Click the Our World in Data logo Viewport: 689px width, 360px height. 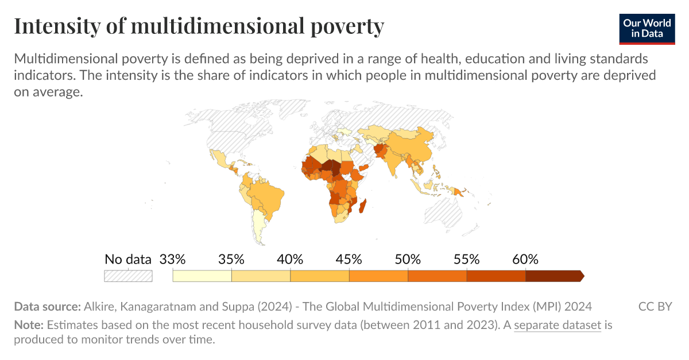[x=647, y=28]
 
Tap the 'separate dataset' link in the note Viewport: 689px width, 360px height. [x=557, y=326]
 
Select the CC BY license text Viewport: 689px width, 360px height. [x=655, y=306]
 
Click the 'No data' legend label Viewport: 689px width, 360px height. [x=127, y=259]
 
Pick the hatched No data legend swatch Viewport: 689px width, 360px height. [x=127, y=276]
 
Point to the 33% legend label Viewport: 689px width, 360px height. [x=172, y=259]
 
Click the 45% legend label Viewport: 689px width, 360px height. [x=349, y=259]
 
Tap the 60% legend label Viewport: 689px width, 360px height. [x=525, y=259]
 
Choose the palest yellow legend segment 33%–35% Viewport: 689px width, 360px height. [x=202, y=276]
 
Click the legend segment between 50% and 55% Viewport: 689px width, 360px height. [x=437, y=276]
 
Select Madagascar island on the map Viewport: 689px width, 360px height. [x=362, y=205]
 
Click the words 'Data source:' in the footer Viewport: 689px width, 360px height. [x=47, y=306]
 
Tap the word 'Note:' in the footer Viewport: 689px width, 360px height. [x=29, y=326]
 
